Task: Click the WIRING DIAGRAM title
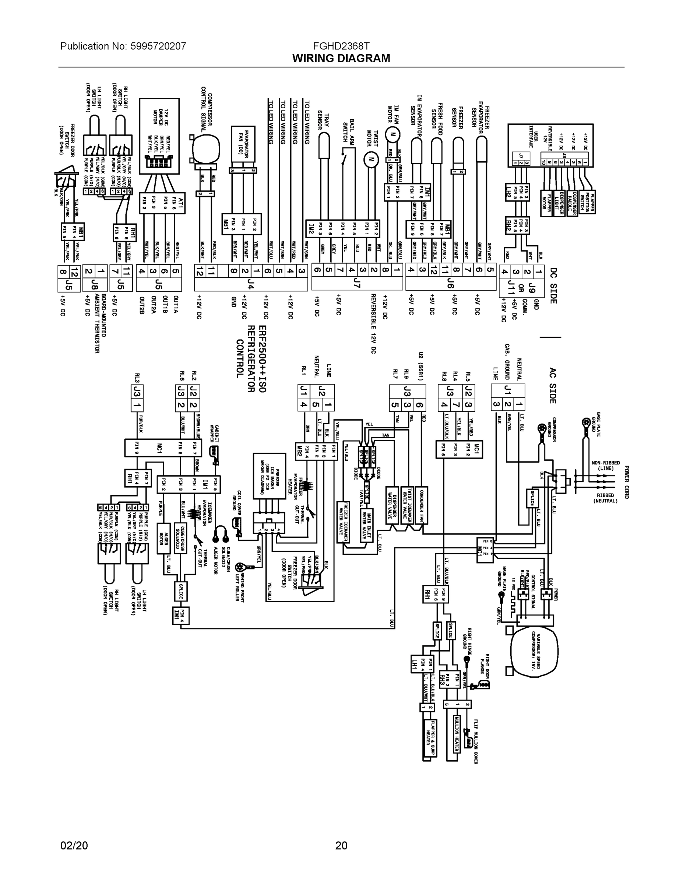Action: pos(341,58)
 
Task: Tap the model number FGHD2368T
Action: pos(341,46)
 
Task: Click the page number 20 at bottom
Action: pos(341,846)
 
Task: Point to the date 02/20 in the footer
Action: pos(74,846)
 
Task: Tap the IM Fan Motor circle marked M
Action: pos(391,135)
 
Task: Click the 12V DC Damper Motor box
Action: pos(159,136)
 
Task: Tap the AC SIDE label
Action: pos(553,385)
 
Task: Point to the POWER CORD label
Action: pos(626,482)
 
